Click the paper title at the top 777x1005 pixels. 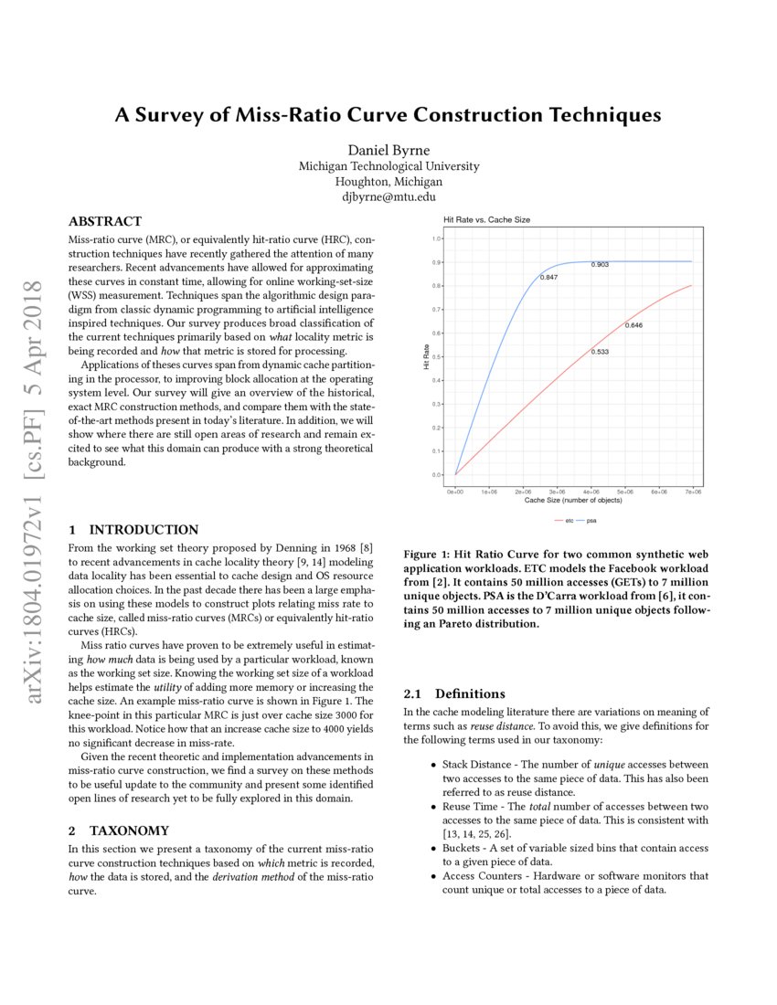pos(388,116)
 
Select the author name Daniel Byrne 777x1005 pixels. pos(388,150)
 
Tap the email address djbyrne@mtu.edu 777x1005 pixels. pos(388,196)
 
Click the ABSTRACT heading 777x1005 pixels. pos(105,222)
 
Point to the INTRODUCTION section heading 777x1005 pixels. pos(133,530)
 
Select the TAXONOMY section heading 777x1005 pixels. pos(119,830)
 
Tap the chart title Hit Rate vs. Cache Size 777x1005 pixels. pos(486,220)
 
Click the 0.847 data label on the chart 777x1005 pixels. pos(549,276)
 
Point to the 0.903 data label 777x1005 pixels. pos(600,264)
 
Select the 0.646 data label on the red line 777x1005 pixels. pos(633,325)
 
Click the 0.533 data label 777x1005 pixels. pos(600,351)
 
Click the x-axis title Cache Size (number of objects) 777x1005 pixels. pos(573,501)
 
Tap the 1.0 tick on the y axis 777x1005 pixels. pos(437,238)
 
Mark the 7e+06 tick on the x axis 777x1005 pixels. pos(692,492)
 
